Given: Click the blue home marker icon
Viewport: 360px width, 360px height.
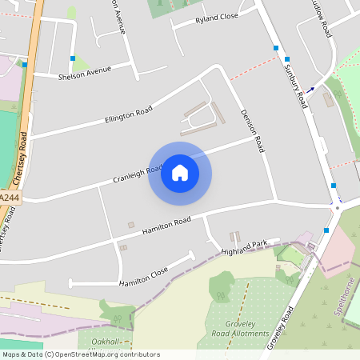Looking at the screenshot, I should coord(180,173).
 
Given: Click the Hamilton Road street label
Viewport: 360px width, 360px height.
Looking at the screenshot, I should coord(166,226).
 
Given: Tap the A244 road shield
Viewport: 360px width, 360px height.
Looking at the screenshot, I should coord(9,197).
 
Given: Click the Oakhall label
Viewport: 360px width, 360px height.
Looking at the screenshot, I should coord(106,341).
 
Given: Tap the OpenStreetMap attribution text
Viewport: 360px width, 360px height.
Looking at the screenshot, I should coord(80,354).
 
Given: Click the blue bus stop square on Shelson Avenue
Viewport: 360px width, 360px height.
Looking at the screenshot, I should coord(73,58).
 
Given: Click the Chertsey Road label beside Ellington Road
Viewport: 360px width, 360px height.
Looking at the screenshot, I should coord(24,156).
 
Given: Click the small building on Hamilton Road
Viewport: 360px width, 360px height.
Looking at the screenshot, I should coord(131,225).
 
